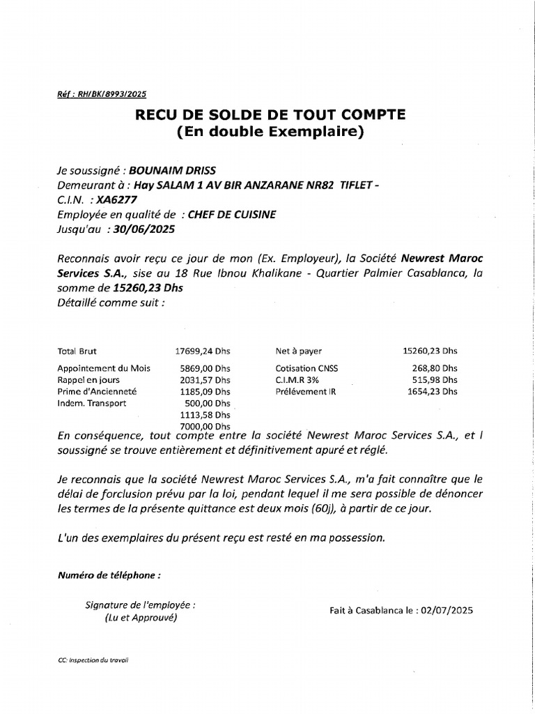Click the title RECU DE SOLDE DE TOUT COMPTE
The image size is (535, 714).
coord(270,114)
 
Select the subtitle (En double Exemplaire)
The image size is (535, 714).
coord(270,131)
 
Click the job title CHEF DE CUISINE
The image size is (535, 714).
coord(232,214)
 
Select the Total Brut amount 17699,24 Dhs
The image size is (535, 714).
coord(203,351)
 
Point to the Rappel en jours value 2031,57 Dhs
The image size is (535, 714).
coord(203,380)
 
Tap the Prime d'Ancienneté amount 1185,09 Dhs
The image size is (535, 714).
coord(203,392)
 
